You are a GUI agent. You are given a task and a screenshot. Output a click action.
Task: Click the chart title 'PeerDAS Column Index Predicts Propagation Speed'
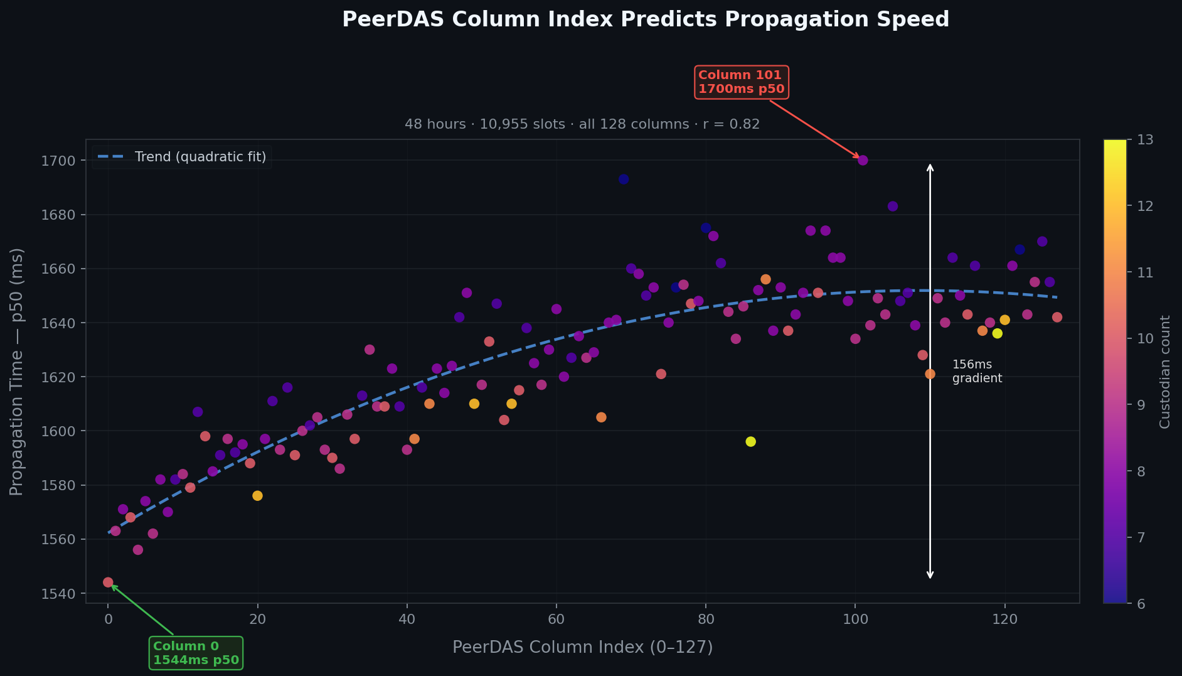click(x=645, y=19)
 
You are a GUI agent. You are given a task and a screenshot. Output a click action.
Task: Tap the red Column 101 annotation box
click(x=741, y=82)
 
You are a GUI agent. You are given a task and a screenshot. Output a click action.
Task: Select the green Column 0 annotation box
click(x=196, y=653)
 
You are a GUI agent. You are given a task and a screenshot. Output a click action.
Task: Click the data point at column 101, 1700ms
click(x=863, y=160)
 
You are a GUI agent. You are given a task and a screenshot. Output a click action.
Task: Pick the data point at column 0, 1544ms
click(x=108, y=582)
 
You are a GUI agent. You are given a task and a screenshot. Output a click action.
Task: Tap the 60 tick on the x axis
click(x=556, y=619)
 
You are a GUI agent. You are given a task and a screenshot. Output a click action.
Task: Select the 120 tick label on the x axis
click(x=1004, y=619)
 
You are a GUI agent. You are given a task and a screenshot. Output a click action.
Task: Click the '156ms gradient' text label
click(x=976, y=372)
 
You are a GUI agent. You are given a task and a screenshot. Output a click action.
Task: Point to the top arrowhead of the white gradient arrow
click(x=930, y=165)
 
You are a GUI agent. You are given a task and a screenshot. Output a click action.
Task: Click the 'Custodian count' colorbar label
click(x=1165, y=372)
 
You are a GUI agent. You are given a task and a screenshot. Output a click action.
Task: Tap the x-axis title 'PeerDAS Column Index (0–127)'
click(x=582, y=647)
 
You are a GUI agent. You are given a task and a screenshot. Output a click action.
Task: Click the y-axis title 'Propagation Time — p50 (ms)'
click(x=17, y=372)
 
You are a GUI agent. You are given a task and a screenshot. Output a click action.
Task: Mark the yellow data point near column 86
click(x=750, y=442)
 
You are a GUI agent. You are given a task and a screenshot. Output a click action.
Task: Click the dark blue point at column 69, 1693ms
click(x=623, y=179)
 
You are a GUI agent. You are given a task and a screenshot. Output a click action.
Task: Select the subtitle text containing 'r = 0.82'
click(x=582, y=124)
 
